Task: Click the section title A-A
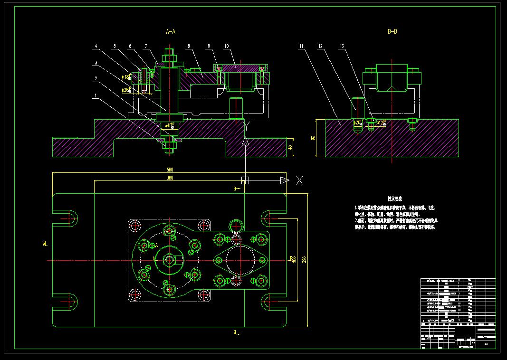[x=171, y=32]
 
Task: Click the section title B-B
[x=392, y=32]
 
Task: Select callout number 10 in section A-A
[x=227, y=46]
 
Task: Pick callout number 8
[x=189, y=46]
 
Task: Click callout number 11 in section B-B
[x=301, y=46]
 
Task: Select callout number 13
[x=342, y=46]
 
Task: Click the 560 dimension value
[x=169, y=170]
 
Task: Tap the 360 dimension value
[x=169, y=178]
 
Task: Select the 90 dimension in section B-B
[x=313, y=138]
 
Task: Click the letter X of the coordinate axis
[x=299, y=180]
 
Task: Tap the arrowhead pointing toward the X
[x=284, y=180]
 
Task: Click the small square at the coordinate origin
[x=245, y=180]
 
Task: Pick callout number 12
[x=321, y=46]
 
